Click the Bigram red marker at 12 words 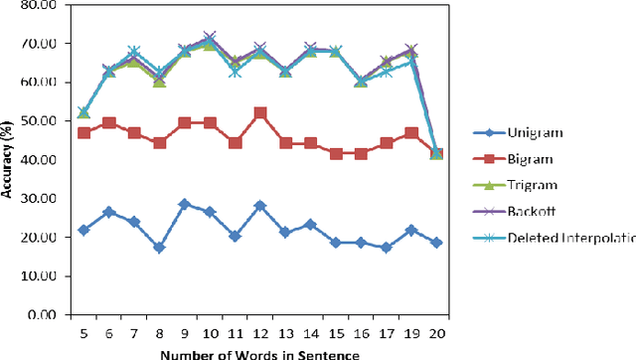point(260,113)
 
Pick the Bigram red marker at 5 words point(83,132)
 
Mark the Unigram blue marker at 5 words point(83,230)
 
